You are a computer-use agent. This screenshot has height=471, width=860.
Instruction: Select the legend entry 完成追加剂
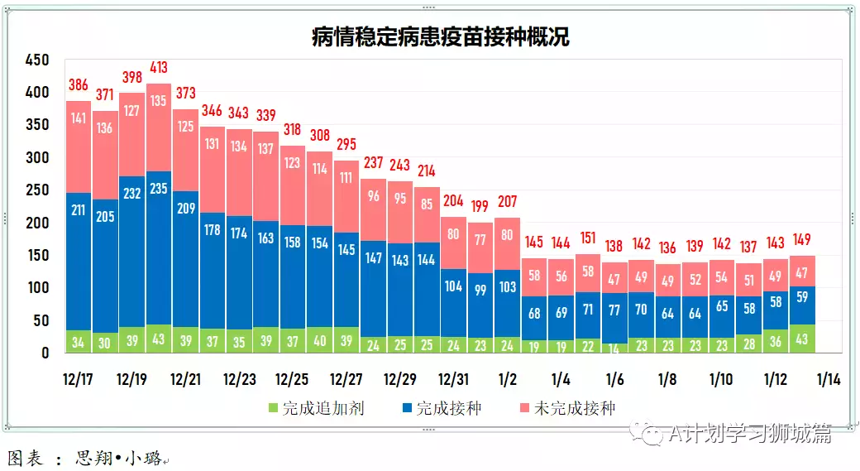(x=314, y=408)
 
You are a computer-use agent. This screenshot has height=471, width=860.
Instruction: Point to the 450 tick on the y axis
(x=38, y=60)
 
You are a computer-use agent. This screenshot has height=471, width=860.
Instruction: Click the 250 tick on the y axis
(x=38, y=190)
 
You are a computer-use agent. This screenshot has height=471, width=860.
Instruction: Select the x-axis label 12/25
(x=293, y=380)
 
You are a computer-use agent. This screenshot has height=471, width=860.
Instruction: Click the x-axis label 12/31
(x=453, y=380)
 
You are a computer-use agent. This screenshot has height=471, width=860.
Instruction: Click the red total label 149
(x=803, y=240)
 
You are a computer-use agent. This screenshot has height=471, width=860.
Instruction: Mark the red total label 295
(x=346, y=145)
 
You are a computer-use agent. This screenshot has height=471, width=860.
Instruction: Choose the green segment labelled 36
(x=776, y=341)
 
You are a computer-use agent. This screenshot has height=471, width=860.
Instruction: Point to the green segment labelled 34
(x=79, y=342)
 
